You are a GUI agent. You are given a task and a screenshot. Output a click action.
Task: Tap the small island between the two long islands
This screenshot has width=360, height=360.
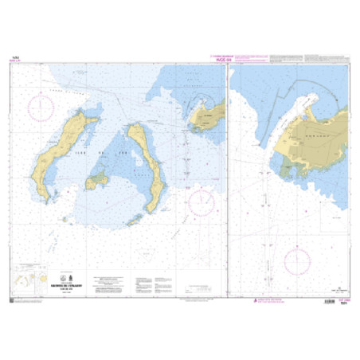99,181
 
